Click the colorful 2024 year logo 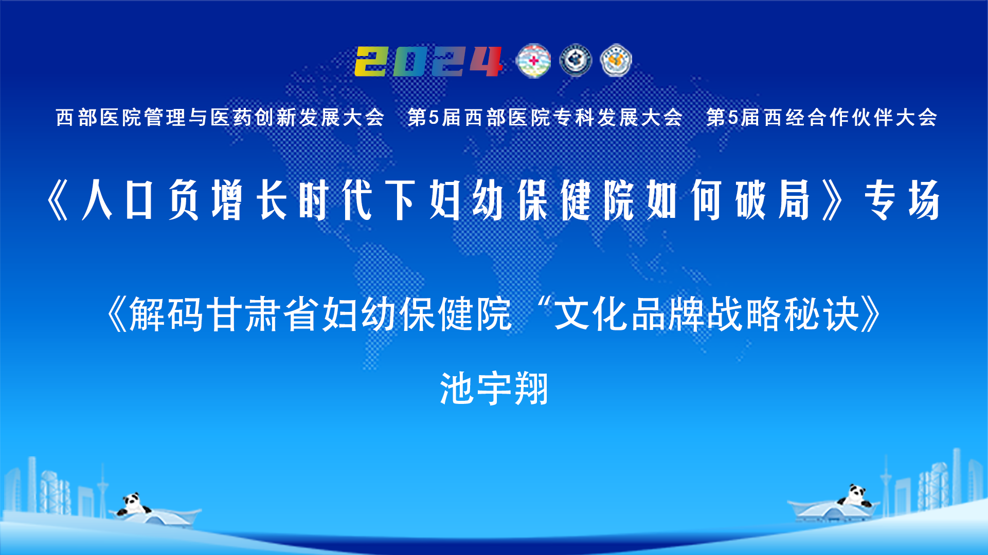[428, 62]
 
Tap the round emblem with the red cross [533, 61]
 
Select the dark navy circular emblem [576, 61]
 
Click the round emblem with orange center [616, 61]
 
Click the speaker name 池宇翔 [494, 388]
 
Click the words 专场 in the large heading [903, 200]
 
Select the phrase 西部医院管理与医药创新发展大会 [220, 118]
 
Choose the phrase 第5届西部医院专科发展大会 [545, 118]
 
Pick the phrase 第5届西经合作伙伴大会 [821, 118]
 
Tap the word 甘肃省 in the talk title [264, 314]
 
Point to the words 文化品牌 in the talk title [630, 314]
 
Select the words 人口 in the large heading [118, 200]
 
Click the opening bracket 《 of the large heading [58, 200]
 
